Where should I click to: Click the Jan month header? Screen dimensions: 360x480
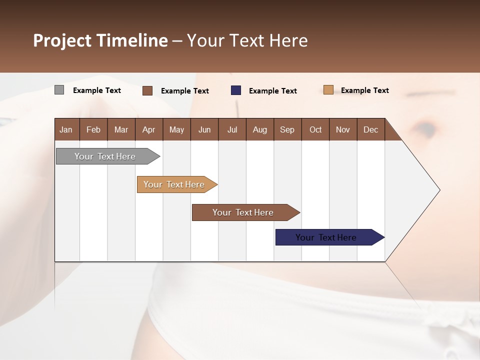coord(66,129)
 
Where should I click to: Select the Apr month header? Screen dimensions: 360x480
coord(148,129)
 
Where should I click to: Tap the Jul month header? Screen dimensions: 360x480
coord(232,129)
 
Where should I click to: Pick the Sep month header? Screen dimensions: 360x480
coord(287,129)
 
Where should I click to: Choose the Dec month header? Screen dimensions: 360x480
coord(370,129)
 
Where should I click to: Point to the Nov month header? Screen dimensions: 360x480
coord(342,129)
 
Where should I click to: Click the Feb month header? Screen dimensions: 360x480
coord(93,129)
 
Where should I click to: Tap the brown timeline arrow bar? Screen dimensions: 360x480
coord(243,212)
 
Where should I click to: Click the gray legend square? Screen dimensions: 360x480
coord(59,90)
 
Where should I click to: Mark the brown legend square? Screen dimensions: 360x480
coord(147,90)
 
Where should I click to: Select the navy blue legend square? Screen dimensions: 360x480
coord(235,90)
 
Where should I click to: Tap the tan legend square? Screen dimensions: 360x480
coord(328,90)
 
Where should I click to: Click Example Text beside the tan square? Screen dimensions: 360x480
coord(364,90)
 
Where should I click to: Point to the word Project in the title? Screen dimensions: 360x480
coord(62,40)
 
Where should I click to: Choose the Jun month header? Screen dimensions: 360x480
coord(204,129)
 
